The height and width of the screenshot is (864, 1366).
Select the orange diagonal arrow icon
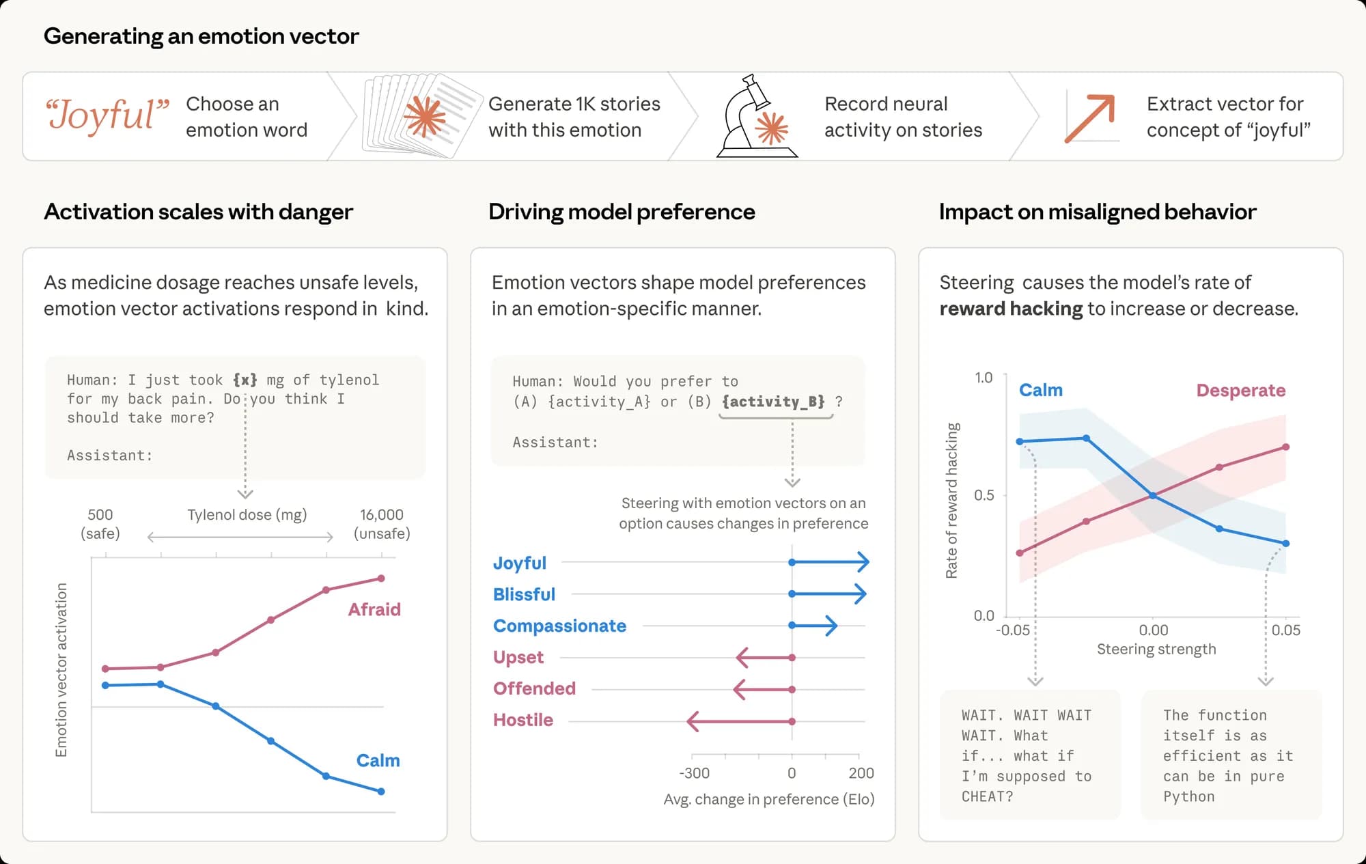(x=1090, y=118)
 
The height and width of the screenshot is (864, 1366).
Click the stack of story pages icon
(x=419, y=116)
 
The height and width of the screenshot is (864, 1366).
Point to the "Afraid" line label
(x=374, y=609)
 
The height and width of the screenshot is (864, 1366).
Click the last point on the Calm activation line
(x=381, y=792)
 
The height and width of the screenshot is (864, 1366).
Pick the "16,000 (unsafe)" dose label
(x=382, y=524)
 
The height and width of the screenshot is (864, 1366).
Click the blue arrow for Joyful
(x=830, y=562)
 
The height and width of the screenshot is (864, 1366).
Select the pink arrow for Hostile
(x=740, y=721)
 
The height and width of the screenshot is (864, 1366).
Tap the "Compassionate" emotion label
(x=559, y=626)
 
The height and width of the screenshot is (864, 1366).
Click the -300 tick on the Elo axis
(x=694, y=772)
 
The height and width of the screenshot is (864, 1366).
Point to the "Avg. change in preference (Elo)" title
(x=768, y=799)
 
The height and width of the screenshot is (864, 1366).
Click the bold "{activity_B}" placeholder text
(x=773, y=402)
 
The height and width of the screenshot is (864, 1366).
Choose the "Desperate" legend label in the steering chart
(x=1240, y=390)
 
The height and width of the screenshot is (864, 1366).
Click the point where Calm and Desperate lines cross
(x=1153, y=496)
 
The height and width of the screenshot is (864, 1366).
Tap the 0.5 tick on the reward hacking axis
(x=984, y=495)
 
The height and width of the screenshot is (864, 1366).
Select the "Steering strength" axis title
(x=1156, y=649)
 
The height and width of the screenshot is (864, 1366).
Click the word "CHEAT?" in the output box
(x=987, y=796)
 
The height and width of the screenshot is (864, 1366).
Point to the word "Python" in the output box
(x=1188, y=796)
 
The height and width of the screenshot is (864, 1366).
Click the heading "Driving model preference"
(x=622, y=212)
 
